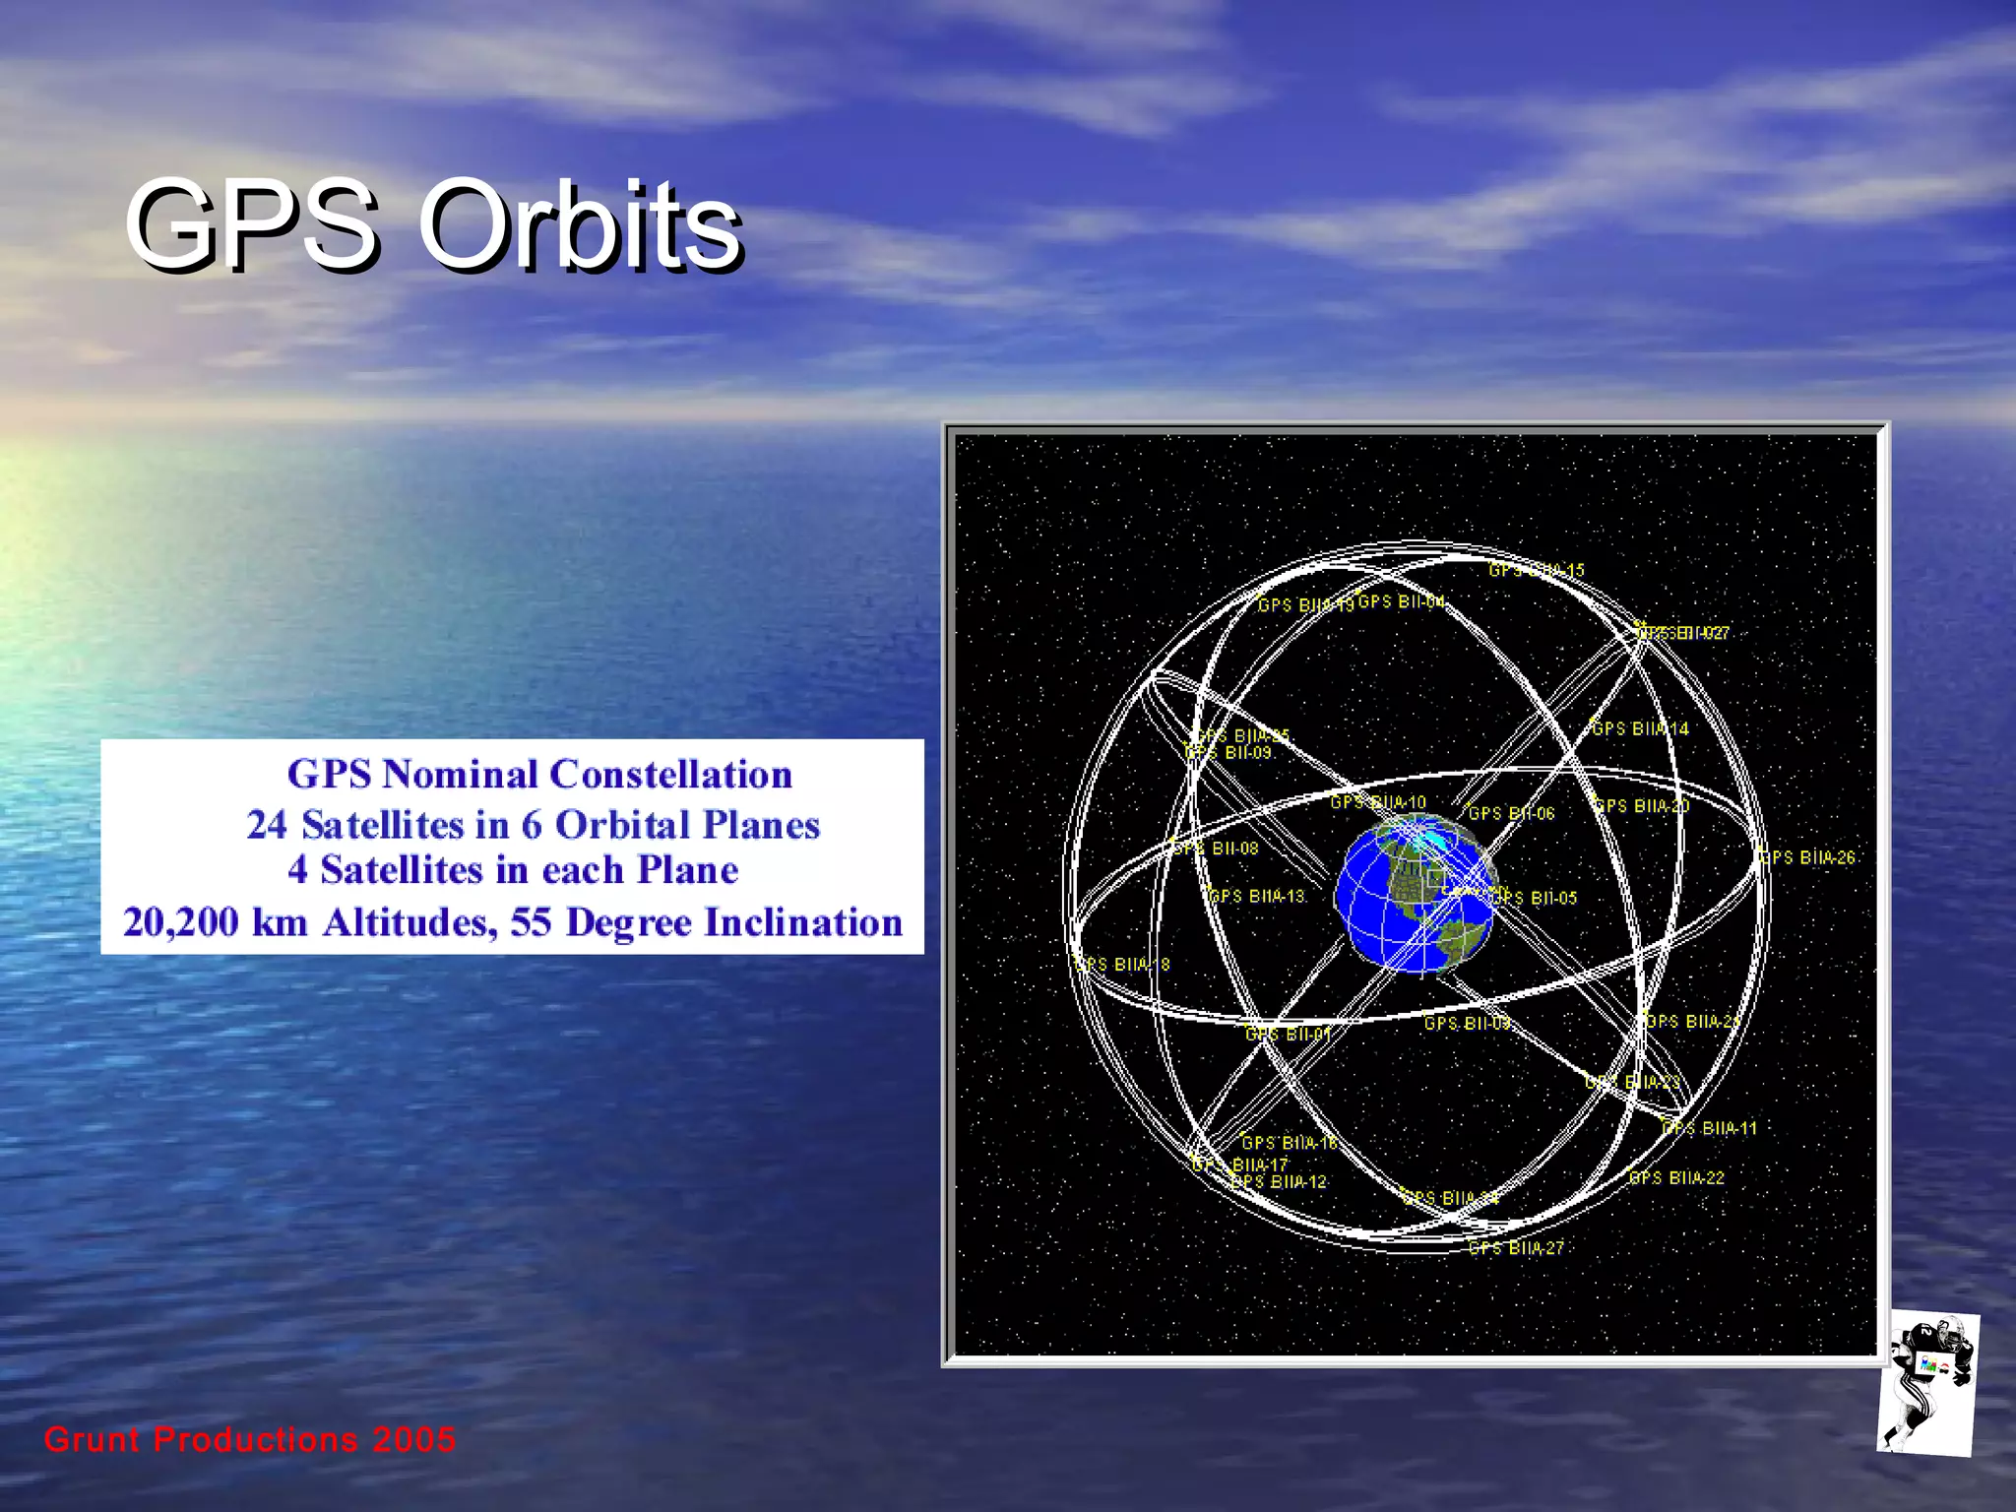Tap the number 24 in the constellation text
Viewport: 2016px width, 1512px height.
pos(266,825)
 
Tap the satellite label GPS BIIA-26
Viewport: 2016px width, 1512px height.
pos(1808,857)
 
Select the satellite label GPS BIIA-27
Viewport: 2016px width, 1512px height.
pos(1517,1248)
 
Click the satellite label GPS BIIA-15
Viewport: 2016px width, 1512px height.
pos(1537,570)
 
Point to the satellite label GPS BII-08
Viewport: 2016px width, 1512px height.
pos(1217,849)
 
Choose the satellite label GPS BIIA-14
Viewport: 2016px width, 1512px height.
pos(1641,728)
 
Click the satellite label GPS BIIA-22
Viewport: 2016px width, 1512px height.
pos(1677,1177)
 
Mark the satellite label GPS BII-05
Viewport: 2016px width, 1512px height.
pos(1539,898)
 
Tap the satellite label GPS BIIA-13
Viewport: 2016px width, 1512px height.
pos(1257,896)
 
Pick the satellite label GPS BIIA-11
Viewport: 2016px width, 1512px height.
pos(1711,1128)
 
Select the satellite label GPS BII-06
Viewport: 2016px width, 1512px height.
pos(1512,813)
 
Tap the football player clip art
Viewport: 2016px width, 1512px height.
pos(1926,1382)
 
